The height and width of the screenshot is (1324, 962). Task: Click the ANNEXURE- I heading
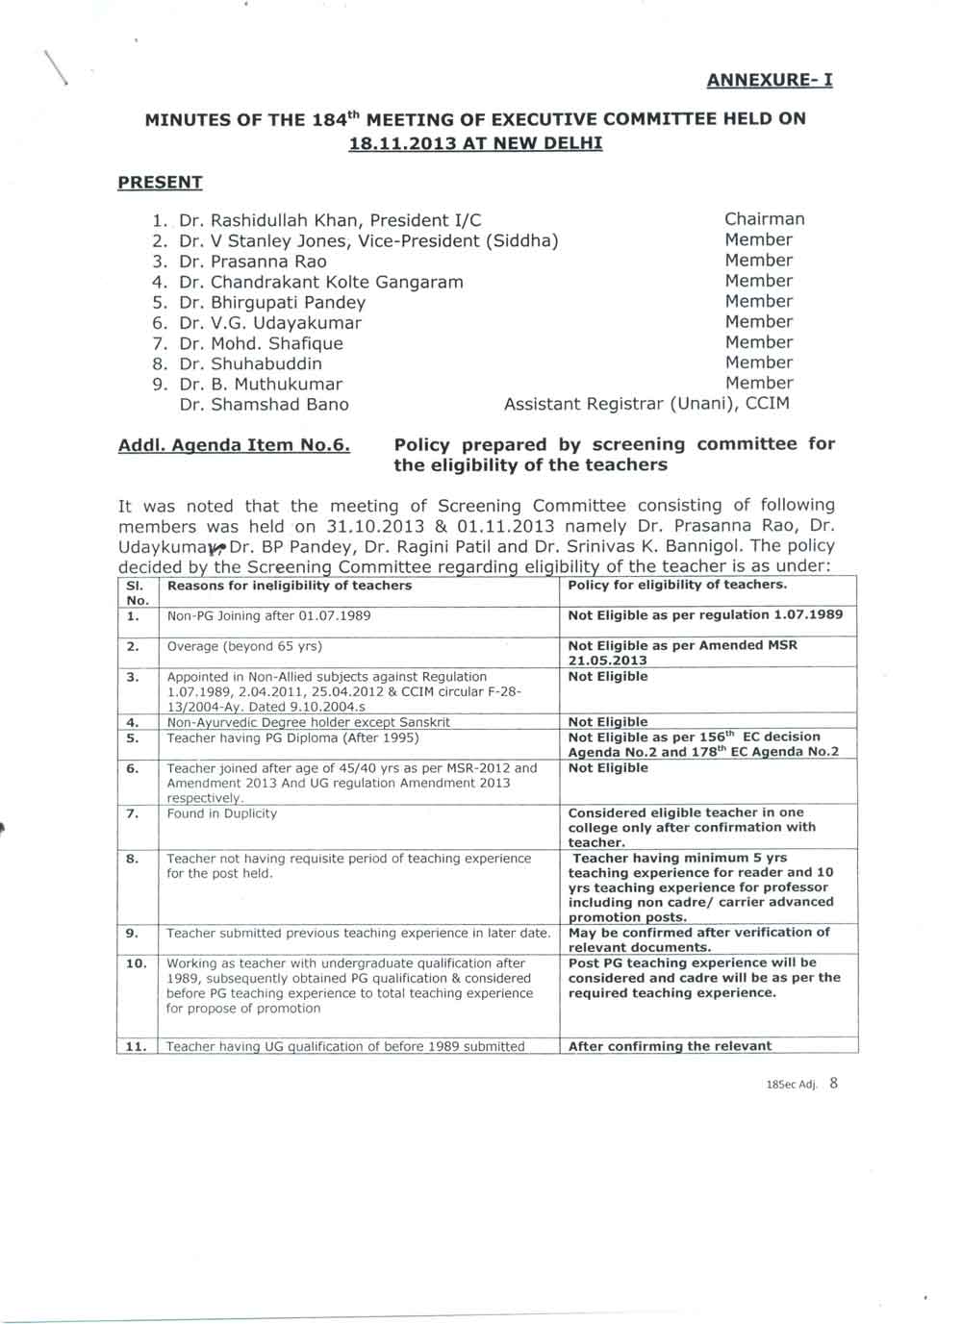tap(770, 80)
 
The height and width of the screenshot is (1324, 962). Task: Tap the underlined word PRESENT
tap(160, 183)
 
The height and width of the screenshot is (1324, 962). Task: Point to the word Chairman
tap(764, 219)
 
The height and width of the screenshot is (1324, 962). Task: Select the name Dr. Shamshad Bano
tap(265, 404)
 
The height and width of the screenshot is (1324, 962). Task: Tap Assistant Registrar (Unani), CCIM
tap(646, 404)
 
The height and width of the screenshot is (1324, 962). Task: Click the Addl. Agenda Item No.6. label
tap(234, 445)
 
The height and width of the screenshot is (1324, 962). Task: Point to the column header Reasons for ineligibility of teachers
tap(290, 586)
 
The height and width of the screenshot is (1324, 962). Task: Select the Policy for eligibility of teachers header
tap(677, 585)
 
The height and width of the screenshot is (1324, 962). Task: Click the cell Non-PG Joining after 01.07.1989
tap(269, 615)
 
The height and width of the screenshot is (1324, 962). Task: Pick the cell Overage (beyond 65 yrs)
tap(244, 646)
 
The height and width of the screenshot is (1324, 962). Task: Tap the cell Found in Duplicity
tap(222, 813)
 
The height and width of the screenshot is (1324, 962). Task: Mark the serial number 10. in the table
tap(137, 962)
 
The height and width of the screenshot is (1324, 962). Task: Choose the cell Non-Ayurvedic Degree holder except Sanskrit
tap(309, 722)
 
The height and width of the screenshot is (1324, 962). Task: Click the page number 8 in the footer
tap(833, 1083)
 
